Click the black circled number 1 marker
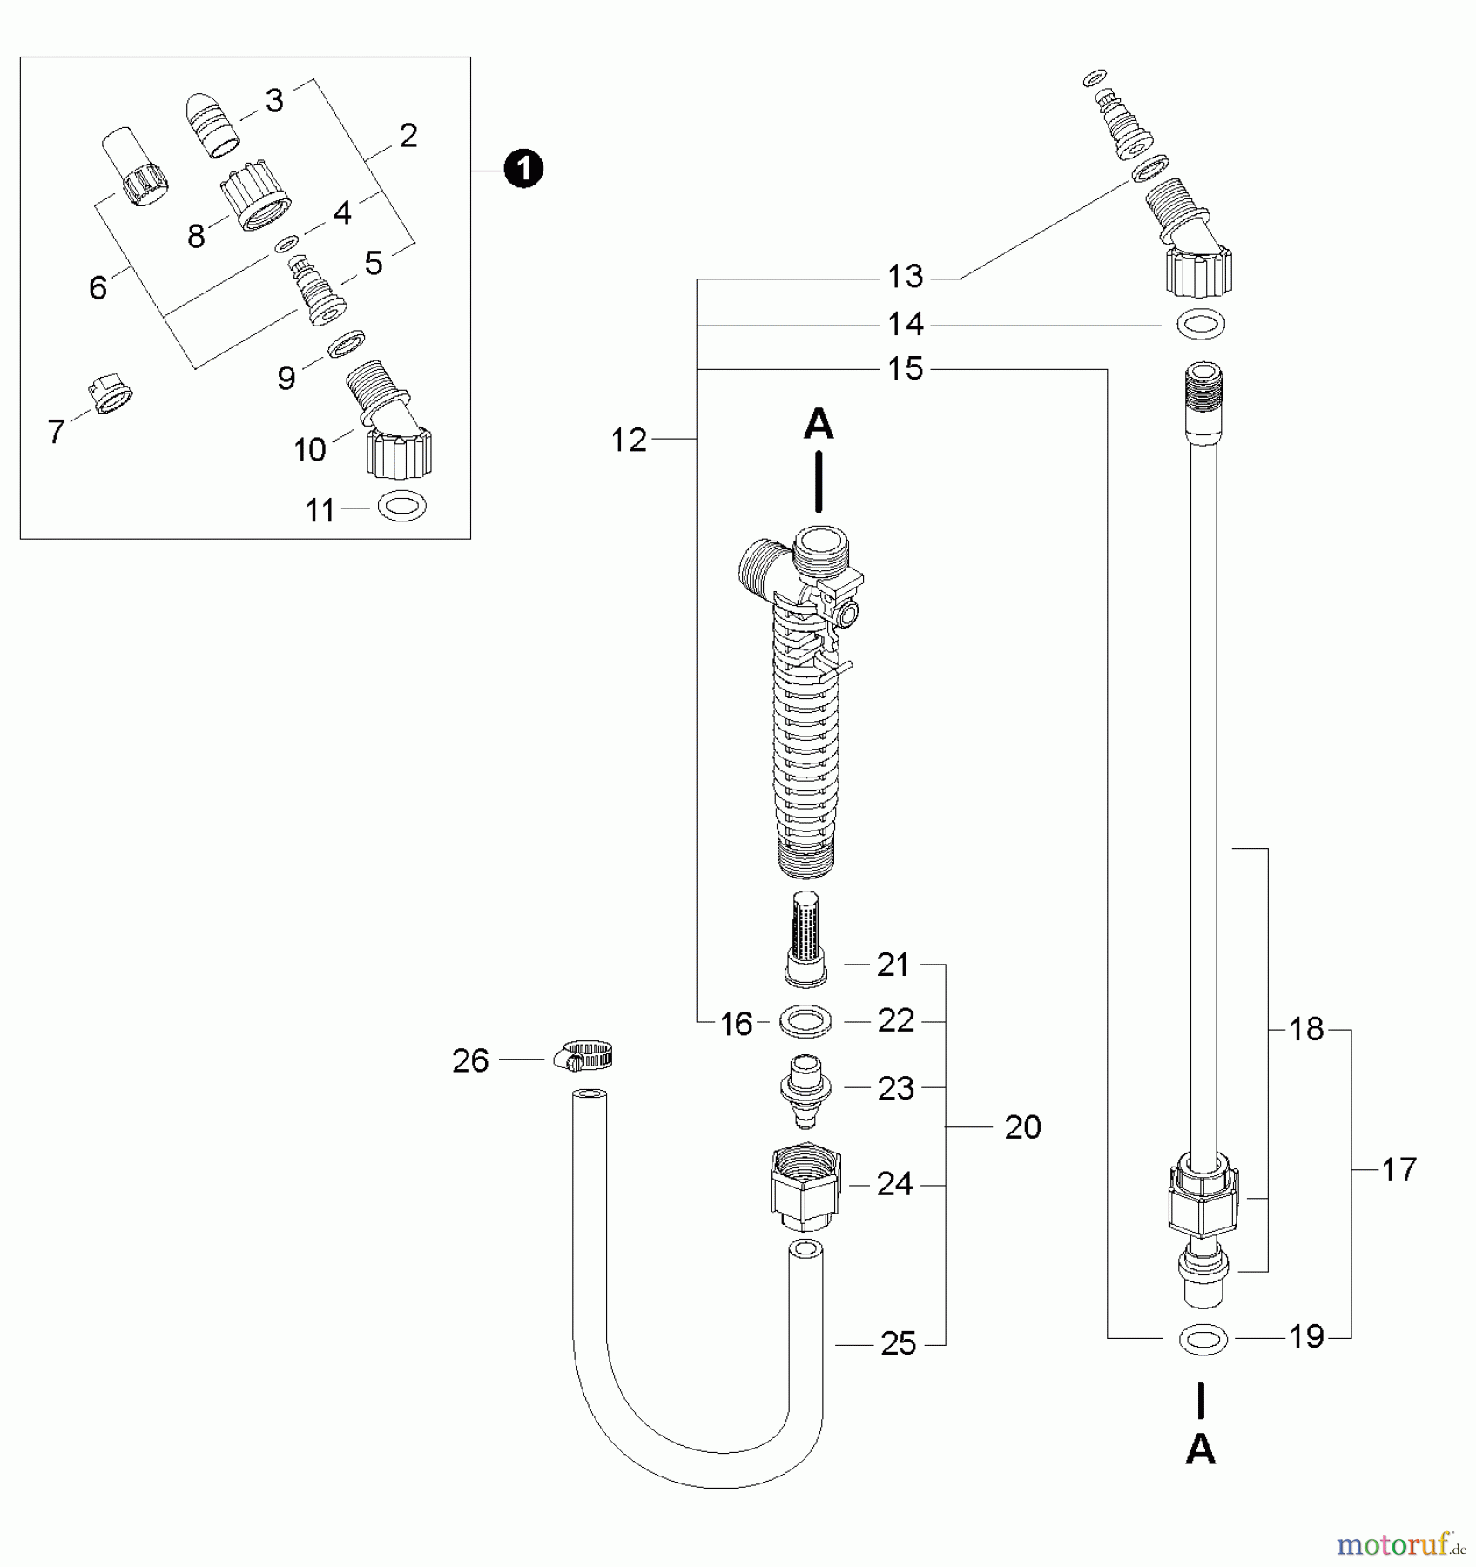click(523, 169)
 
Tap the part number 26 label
click(470, 1060)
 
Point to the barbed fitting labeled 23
click(805, 1088)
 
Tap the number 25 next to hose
click(898, 1344)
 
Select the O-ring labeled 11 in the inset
click(403, 506)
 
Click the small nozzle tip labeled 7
click(111, 397)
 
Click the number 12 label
click(629, 441)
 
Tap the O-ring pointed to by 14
click(1202, 326)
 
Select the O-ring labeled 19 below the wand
click(1203, 1340)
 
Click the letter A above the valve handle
click(818, 425)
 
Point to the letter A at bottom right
click(1201, 1449)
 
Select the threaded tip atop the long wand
click(1203, 392)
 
